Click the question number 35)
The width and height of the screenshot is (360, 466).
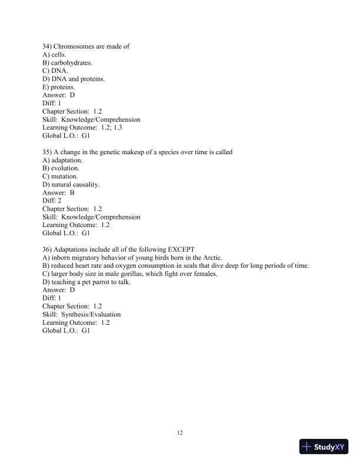pos(47,152)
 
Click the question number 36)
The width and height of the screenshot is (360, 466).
pos(47,249)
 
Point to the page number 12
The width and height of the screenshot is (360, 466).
pos(180,434)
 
